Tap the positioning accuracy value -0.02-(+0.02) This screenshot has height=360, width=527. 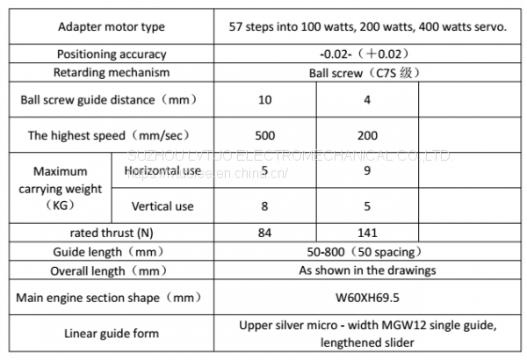point(366,54)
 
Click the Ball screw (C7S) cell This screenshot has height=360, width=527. point(367,72)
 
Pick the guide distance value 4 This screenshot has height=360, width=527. point(367,100)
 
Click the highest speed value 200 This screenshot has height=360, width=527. point(367,135)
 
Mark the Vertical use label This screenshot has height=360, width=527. point(162,207)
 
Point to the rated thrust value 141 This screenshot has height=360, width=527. point(367,233)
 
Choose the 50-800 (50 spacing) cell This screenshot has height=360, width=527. point(367,251)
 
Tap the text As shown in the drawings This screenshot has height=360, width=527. point(367,270)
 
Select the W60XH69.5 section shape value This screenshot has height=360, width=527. point(367,298)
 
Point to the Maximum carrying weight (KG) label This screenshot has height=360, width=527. point(54,188)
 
